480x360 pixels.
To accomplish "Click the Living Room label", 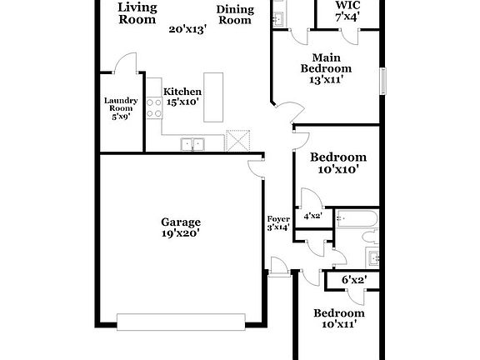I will tap(137, 13).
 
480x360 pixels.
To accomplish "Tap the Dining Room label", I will tap(234, 15).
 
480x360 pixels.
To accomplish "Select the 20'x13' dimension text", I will tap(187, 29).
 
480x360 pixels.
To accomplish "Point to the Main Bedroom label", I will tap(326, 69).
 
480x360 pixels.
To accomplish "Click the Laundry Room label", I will tap(120, 108).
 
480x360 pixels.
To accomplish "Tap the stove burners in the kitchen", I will tap(154, 106).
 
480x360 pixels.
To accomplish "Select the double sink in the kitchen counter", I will tap(193, 144).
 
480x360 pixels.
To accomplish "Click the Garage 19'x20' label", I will tap(181, 228).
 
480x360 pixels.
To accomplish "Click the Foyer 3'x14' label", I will tap(277, 222).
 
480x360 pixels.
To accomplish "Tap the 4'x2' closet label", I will tap(313, 217).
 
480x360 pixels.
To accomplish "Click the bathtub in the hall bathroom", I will tap(354, 220).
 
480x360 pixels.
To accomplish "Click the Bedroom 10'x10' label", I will tap(337, 162).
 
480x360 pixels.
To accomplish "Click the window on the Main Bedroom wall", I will tap(384, 82).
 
